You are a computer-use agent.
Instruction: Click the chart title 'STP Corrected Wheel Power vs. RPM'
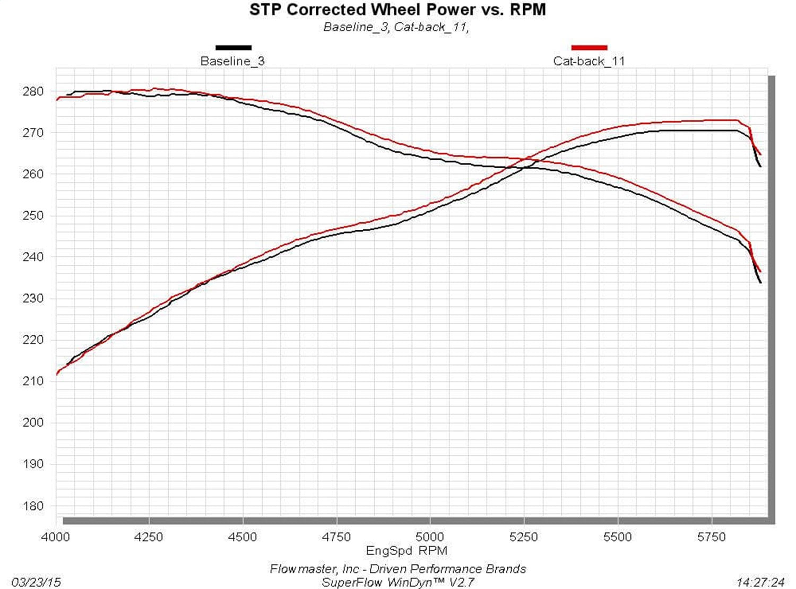coord(397,10)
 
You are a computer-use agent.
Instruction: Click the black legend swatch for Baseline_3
coord(233,48)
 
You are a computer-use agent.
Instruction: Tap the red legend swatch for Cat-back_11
coord(589,48)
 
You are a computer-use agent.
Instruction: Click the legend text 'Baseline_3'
coord(232,61)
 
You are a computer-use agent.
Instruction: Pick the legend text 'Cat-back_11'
coord(589,61)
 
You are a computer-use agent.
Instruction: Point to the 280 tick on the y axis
coord(33,91)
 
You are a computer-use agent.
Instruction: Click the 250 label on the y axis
coord(33,215)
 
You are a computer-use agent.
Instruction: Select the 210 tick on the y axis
coord(33,381)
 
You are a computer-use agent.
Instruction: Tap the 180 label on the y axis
coord(33,506)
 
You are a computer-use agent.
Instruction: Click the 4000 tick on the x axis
coord(55,537)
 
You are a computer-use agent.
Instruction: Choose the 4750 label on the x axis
coord(336,537)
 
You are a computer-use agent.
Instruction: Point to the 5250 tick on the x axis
coord(524,537)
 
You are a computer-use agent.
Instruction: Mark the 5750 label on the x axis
coord(711,537)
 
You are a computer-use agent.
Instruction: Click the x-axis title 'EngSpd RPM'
coord(406,551)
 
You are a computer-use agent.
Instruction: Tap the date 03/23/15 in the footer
coord(36,582)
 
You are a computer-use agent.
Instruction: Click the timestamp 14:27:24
coord(760,582)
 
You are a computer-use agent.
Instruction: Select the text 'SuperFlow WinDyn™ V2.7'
coord(397,582)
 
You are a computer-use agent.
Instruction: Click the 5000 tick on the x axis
coord(430,537)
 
